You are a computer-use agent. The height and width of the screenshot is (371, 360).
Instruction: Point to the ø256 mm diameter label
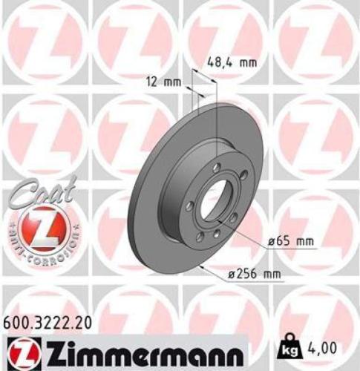(255, 275)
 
